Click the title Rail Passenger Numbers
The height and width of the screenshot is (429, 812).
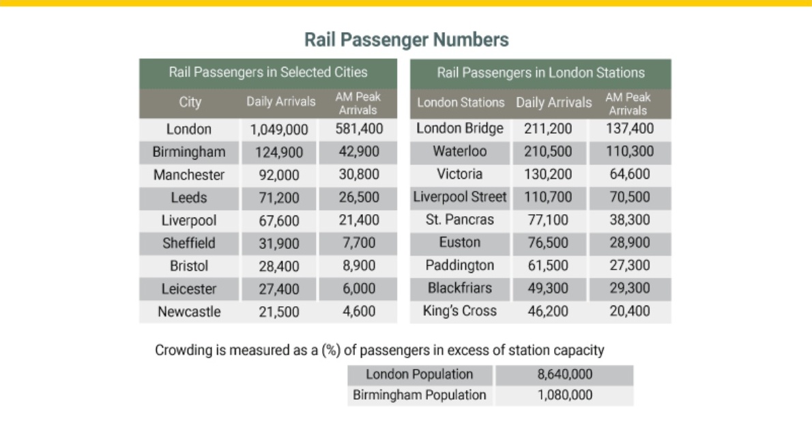point(407,40)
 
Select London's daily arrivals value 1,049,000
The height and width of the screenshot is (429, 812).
point(279,130)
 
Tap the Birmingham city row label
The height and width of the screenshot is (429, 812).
point(189,151)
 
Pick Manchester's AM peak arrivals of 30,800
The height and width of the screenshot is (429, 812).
point(359,175)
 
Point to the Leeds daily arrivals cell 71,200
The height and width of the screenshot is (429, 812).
point(279,198)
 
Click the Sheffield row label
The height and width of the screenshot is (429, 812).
point(189,243)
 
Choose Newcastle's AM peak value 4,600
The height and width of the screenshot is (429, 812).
point(359,312)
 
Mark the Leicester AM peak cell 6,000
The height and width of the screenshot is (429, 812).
point(359,289)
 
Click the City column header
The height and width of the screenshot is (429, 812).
point(190,102)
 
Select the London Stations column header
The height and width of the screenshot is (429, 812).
point(461,102)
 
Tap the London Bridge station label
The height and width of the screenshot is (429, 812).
point(460,128)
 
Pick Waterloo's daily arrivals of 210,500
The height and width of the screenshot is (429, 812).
point(548,151)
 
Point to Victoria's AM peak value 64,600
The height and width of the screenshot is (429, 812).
point(630,174)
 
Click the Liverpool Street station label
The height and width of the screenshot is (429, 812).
point(460,197)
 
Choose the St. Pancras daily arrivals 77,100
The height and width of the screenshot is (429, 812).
point(548,220)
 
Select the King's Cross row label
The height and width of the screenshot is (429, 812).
point(460,311)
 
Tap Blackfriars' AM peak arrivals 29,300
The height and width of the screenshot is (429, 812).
point(630,289)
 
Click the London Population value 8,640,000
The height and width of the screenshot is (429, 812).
point(564,374)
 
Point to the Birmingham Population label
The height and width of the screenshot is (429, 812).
point(420,396)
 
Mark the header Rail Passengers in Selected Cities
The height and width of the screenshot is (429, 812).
point(268,72)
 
